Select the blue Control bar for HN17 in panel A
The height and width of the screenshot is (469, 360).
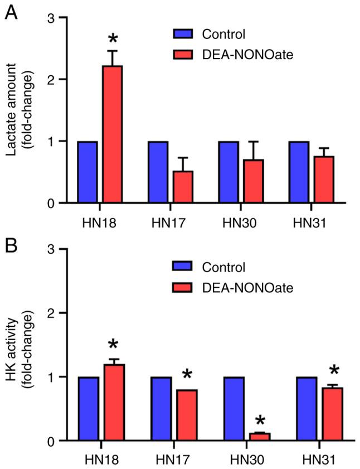click(158, 172)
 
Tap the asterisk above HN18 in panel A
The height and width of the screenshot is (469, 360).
click(113, 40)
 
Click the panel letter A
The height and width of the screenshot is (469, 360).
click(11, 12)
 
